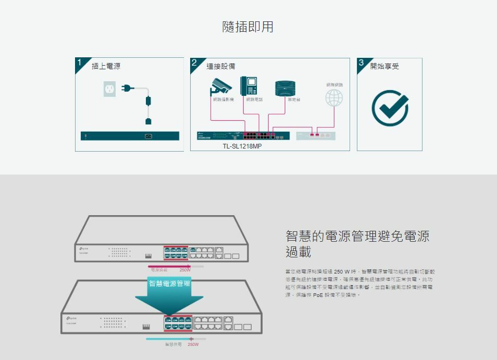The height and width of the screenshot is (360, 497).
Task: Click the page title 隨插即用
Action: (248, 27)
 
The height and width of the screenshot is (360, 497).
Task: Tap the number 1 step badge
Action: (80, 63)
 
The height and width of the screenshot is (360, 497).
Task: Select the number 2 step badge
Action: (194, 63)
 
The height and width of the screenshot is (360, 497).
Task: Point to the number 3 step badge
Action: (361, 63)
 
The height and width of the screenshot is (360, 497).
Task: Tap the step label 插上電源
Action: (106, 66)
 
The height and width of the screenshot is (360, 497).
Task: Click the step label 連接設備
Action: (221, 66)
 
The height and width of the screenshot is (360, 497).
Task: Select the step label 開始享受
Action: (384, 66)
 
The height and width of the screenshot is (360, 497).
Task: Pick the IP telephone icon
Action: (249, 86)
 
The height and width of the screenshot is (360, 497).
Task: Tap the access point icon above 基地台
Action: (285, 88)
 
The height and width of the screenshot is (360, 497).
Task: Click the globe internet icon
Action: (334, 97)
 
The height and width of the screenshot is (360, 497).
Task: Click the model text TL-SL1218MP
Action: (242, 146)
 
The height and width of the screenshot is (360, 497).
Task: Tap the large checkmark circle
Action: (390, 107)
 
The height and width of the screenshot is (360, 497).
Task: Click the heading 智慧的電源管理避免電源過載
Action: (357, 244)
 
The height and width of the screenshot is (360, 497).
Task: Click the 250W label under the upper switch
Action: (185, 270)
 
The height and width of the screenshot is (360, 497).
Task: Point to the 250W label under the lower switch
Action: (193, 345)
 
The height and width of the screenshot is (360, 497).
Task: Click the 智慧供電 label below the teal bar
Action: (173, 345)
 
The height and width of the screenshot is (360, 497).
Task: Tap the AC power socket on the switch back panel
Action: (148, 136)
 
